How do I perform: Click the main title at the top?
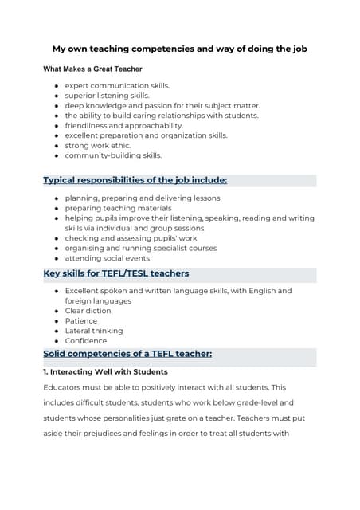179,49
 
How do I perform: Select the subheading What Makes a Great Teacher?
92,69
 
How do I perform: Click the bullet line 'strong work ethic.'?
98,145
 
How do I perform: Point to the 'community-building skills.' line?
113,155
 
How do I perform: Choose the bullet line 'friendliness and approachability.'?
123,125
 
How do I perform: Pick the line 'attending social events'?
107,258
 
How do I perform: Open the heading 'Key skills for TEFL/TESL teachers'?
115,274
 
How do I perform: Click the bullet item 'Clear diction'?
88,311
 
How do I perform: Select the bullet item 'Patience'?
82,320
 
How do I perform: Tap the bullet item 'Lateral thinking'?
94,331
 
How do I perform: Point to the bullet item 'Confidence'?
87,340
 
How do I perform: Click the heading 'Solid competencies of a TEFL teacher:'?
127,354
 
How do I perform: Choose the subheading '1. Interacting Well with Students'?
105,371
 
